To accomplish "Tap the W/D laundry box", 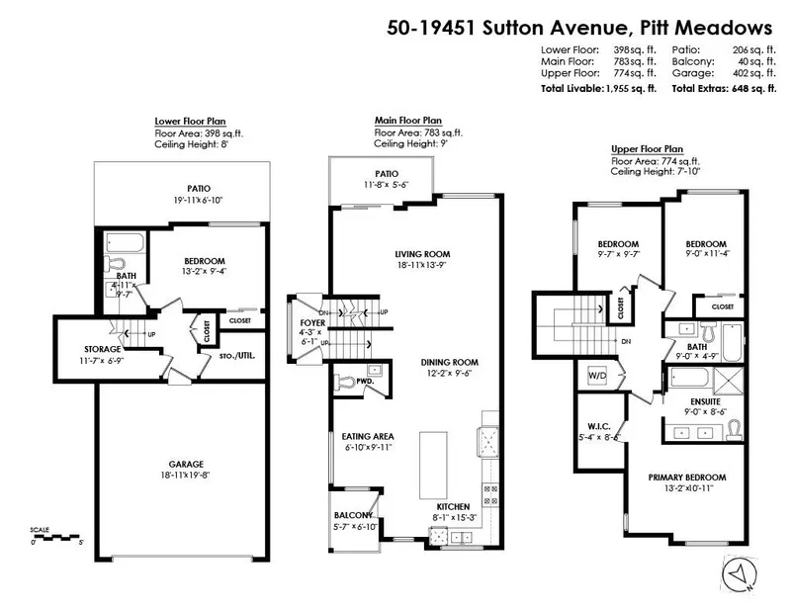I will point(598,376).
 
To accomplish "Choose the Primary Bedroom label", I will point(680,477).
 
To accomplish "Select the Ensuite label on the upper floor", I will point(706,402).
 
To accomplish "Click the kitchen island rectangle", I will point(431,465).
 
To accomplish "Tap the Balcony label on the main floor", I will point(353,515).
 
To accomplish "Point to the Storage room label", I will point(102,349).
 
